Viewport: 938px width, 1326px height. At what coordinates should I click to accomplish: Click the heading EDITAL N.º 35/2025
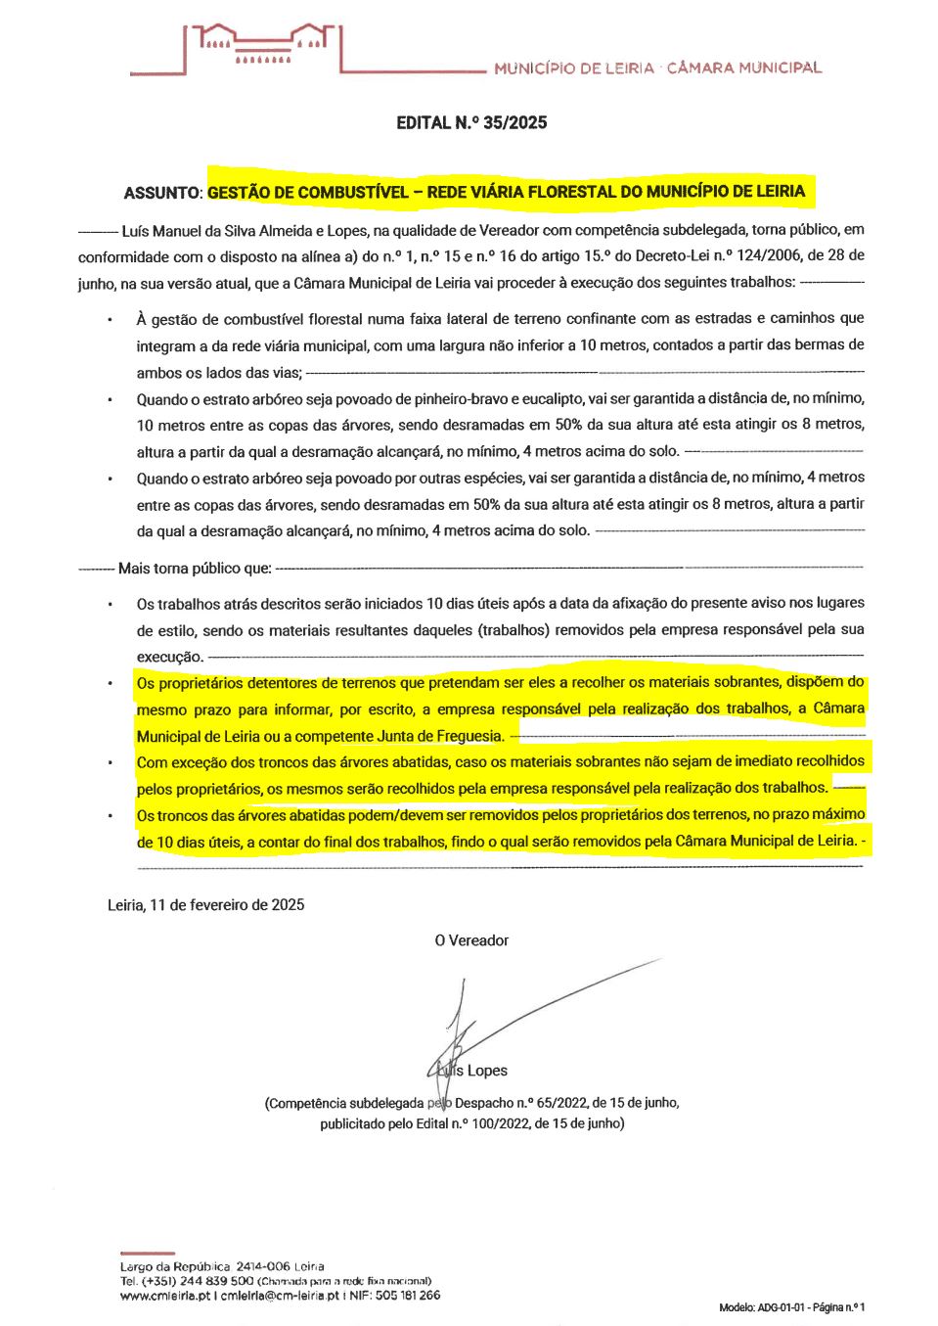471,122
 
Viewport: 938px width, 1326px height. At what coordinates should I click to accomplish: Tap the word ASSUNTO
161,193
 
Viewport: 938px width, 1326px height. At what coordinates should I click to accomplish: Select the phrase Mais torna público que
195,569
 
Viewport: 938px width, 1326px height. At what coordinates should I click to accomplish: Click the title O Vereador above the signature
471,940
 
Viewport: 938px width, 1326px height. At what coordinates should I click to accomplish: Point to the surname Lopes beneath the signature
487,1071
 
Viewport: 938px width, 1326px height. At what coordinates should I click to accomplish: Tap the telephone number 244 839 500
216,1280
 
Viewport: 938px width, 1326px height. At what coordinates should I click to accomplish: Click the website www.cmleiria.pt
164,1295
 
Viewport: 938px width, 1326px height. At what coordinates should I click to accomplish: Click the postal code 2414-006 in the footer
263,1266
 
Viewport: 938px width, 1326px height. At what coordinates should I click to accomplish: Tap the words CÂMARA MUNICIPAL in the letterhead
744,69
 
